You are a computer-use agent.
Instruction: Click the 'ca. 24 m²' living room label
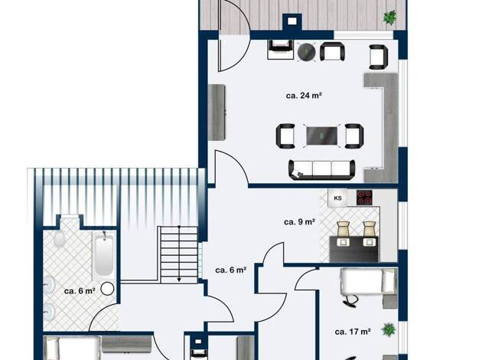click(x=304, y=96)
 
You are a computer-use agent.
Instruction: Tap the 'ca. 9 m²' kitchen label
click(x=300, y=222)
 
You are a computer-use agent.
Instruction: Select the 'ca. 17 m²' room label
click(x=353, y=332)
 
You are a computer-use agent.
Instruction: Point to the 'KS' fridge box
click(x=337, y=198)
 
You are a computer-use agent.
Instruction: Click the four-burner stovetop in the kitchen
click(x=364, y=197)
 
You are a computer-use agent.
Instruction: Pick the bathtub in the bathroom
click(x=103, y=254)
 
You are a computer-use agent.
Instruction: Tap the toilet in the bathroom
click(x=60, y=237)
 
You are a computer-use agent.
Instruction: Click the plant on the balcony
click(x=389, y=17)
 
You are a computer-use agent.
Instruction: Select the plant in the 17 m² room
click(x=389, y=329)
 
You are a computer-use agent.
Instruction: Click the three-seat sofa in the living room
click(x=322, y=169)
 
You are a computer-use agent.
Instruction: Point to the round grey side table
click(x=306, y=51)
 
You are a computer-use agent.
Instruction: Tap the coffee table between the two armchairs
click(x=322, y=136)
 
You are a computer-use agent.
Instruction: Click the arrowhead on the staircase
click(x=179, y=280)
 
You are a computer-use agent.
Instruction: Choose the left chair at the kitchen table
click(x=344, y=233)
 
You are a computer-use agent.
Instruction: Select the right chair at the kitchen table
click(x=369, y=233)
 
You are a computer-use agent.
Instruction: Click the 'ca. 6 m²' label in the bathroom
click(x=80, y=291)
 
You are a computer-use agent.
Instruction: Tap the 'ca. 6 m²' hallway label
click(x=231, y=270)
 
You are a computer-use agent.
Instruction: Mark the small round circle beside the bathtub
click(x=107, y=289)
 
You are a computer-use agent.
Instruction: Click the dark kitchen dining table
click(x=354, y=249)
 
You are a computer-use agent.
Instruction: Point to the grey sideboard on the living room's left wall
click(x=217, y=113)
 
